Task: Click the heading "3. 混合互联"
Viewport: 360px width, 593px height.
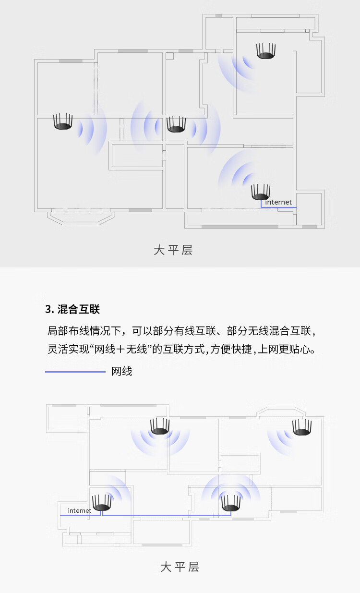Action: click(72, 309)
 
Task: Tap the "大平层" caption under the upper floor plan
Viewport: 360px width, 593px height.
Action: click(173, 250)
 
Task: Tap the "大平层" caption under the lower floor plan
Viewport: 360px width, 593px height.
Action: click(180, 567)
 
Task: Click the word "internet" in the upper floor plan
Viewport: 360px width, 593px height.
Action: click(278, 202)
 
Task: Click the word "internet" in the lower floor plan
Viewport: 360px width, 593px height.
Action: click(79, 510)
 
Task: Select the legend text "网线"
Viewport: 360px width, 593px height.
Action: click(121, 371)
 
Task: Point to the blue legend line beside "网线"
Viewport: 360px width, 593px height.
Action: click(75, 372)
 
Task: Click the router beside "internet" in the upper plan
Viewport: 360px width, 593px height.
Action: click(261, 192)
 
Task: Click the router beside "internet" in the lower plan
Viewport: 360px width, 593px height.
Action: click(102, 503)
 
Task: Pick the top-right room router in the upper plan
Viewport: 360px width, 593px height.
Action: click(266, 51)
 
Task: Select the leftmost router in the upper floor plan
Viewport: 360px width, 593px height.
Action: click(63, 121)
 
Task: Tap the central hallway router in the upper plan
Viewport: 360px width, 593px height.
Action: click(176, 124)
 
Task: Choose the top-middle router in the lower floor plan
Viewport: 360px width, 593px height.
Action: click(160, 426)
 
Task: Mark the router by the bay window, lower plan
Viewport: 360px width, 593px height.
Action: click(302, 427)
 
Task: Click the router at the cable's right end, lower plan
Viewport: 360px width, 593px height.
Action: click(231, 503)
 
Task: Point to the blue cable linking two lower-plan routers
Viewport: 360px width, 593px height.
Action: click(167, 515)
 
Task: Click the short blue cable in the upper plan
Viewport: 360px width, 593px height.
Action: click(278, 207)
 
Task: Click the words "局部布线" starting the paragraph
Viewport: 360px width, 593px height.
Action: click(69, 331)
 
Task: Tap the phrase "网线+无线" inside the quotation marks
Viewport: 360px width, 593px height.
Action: click(120, 349)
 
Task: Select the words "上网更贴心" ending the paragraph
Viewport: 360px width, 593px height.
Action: click(284, 349)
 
